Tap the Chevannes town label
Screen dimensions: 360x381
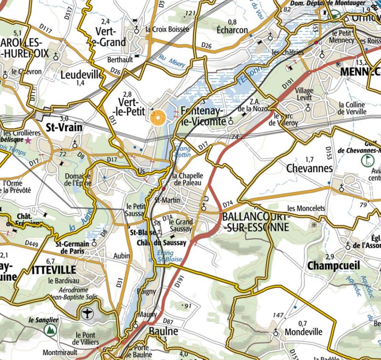310,168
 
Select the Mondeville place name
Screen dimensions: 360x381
303,332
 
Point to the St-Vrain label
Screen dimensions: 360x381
64,127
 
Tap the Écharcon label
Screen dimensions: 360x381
232,30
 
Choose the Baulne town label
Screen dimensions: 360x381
163,331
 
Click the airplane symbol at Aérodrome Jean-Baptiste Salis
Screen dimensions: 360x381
87,313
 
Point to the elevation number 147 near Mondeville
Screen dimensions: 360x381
278,315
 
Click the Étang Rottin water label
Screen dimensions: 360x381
183,151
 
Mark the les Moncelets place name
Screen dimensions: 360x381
306,208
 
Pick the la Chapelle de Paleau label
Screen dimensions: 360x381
188,178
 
